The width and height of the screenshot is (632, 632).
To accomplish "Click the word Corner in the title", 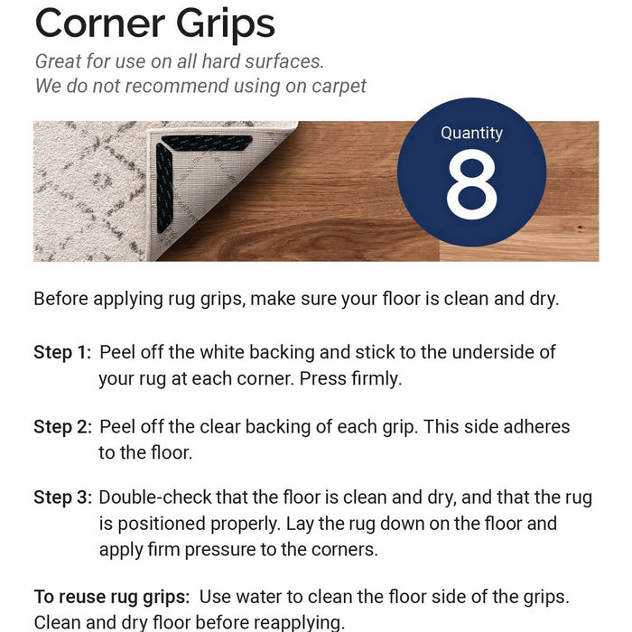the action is pos(100,23).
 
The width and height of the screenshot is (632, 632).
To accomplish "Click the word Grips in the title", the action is pos(226,26).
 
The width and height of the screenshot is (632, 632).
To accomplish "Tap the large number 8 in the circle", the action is pos(471,184).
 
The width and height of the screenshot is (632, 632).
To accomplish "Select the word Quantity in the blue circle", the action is pos(471,134).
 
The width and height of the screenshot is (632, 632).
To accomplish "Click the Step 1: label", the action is pos(62,352).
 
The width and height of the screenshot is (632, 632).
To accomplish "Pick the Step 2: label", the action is pos(63,427).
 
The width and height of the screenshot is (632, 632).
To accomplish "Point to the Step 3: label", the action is pos(63,497).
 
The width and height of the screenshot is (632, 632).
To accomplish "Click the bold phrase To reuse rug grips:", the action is pos(112,598).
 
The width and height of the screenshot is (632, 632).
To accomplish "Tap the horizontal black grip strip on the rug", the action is pos(207,143).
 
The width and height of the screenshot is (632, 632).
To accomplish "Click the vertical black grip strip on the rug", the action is pos(164,188).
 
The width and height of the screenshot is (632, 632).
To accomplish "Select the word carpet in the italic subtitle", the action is pos(339,87).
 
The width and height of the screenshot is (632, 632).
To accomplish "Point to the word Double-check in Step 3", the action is pos(154,497).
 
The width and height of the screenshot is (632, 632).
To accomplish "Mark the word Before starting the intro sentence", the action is pos(60,299).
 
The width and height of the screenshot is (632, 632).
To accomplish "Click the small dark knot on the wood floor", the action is pos(581,228).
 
